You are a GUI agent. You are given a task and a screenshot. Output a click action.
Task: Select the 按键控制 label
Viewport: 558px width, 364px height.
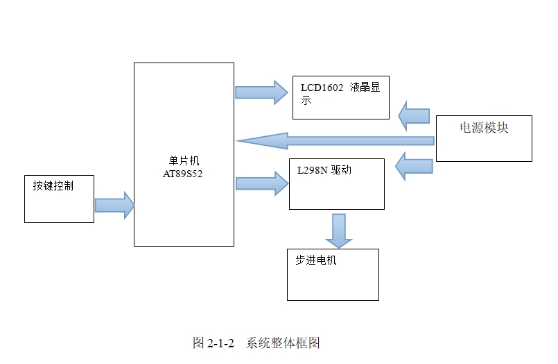click(x=53, y=186)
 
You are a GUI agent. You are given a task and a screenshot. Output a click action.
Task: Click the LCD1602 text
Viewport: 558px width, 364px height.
click(x=322, y=88)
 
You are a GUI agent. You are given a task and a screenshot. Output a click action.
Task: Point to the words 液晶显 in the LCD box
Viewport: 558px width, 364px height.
click(x=365, y=88)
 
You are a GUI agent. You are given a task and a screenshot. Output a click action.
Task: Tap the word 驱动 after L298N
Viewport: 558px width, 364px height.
click(x=340, y=169)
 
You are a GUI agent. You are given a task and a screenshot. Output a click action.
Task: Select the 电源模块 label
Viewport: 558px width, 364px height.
click(x=484, y=128)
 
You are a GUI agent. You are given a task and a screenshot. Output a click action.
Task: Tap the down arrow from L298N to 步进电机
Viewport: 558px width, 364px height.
click(x=339, y=231)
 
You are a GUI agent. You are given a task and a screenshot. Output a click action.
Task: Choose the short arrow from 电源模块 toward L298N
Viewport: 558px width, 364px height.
click(x=415, y=167)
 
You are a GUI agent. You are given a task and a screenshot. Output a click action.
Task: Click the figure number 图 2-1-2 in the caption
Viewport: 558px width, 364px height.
click(x=213, y=343)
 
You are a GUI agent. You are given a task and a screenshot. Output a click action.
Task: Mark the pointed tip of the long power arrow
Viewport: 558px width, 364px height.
click(x=238, y=141)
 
